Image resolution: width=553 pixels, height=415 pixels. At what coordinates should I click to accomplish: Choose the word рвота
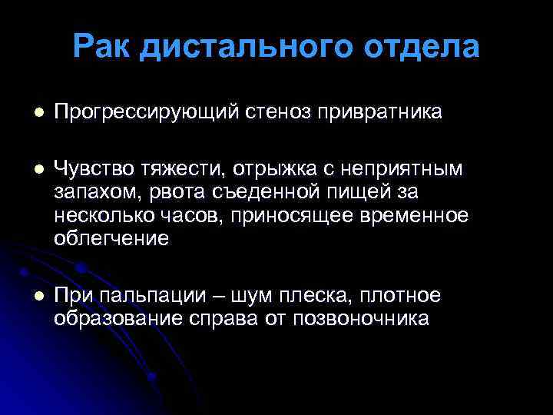click(162, 190)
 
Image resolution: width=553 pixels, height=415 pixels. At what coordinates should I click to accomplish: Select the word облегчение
click(111, 239)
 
